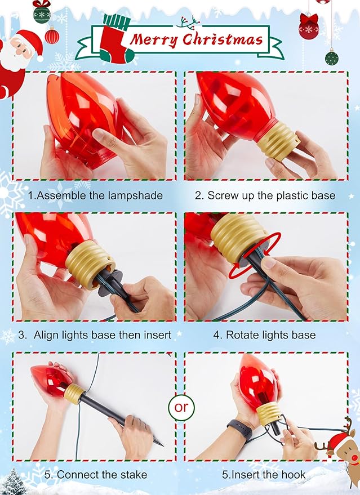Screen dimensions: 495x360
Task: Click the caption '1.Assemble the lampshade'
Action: pos(95,195)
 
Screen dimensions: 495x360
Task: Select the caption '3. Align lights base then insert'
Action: pos(95,335)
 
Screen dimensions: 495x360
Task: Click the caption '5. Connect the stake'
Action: pos(95,474)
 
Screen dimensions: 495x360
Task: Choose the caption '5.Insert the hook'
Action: pos(264,474)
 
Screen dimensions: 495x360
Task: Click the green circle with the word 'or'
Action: pos(181,407)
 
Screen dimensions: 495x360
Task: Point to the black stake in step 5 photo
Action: pos(118,417)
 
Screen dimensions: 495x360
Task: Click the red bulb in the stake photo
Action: pos(51,380)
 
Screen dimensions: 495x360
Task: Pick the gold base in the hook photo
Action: pos(269,413)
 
